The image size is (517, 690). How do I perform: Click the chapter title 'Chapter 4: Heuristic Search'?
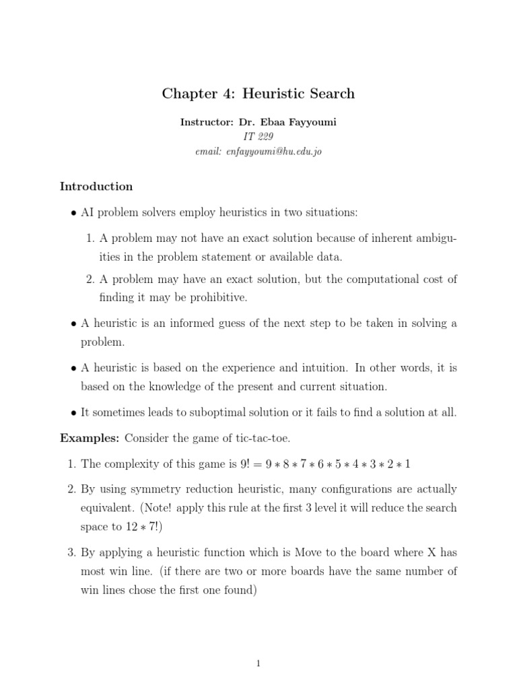258,94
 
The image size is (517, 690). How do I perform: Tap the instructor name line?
258,123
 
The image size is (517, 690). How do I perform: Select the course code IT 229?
258,137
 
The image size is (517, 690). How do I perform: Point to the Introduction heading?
96,186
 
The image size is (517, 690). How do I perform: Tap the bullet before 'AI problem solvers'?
73,213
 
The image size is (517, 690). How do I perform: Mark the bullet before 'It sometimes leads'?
73,412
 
